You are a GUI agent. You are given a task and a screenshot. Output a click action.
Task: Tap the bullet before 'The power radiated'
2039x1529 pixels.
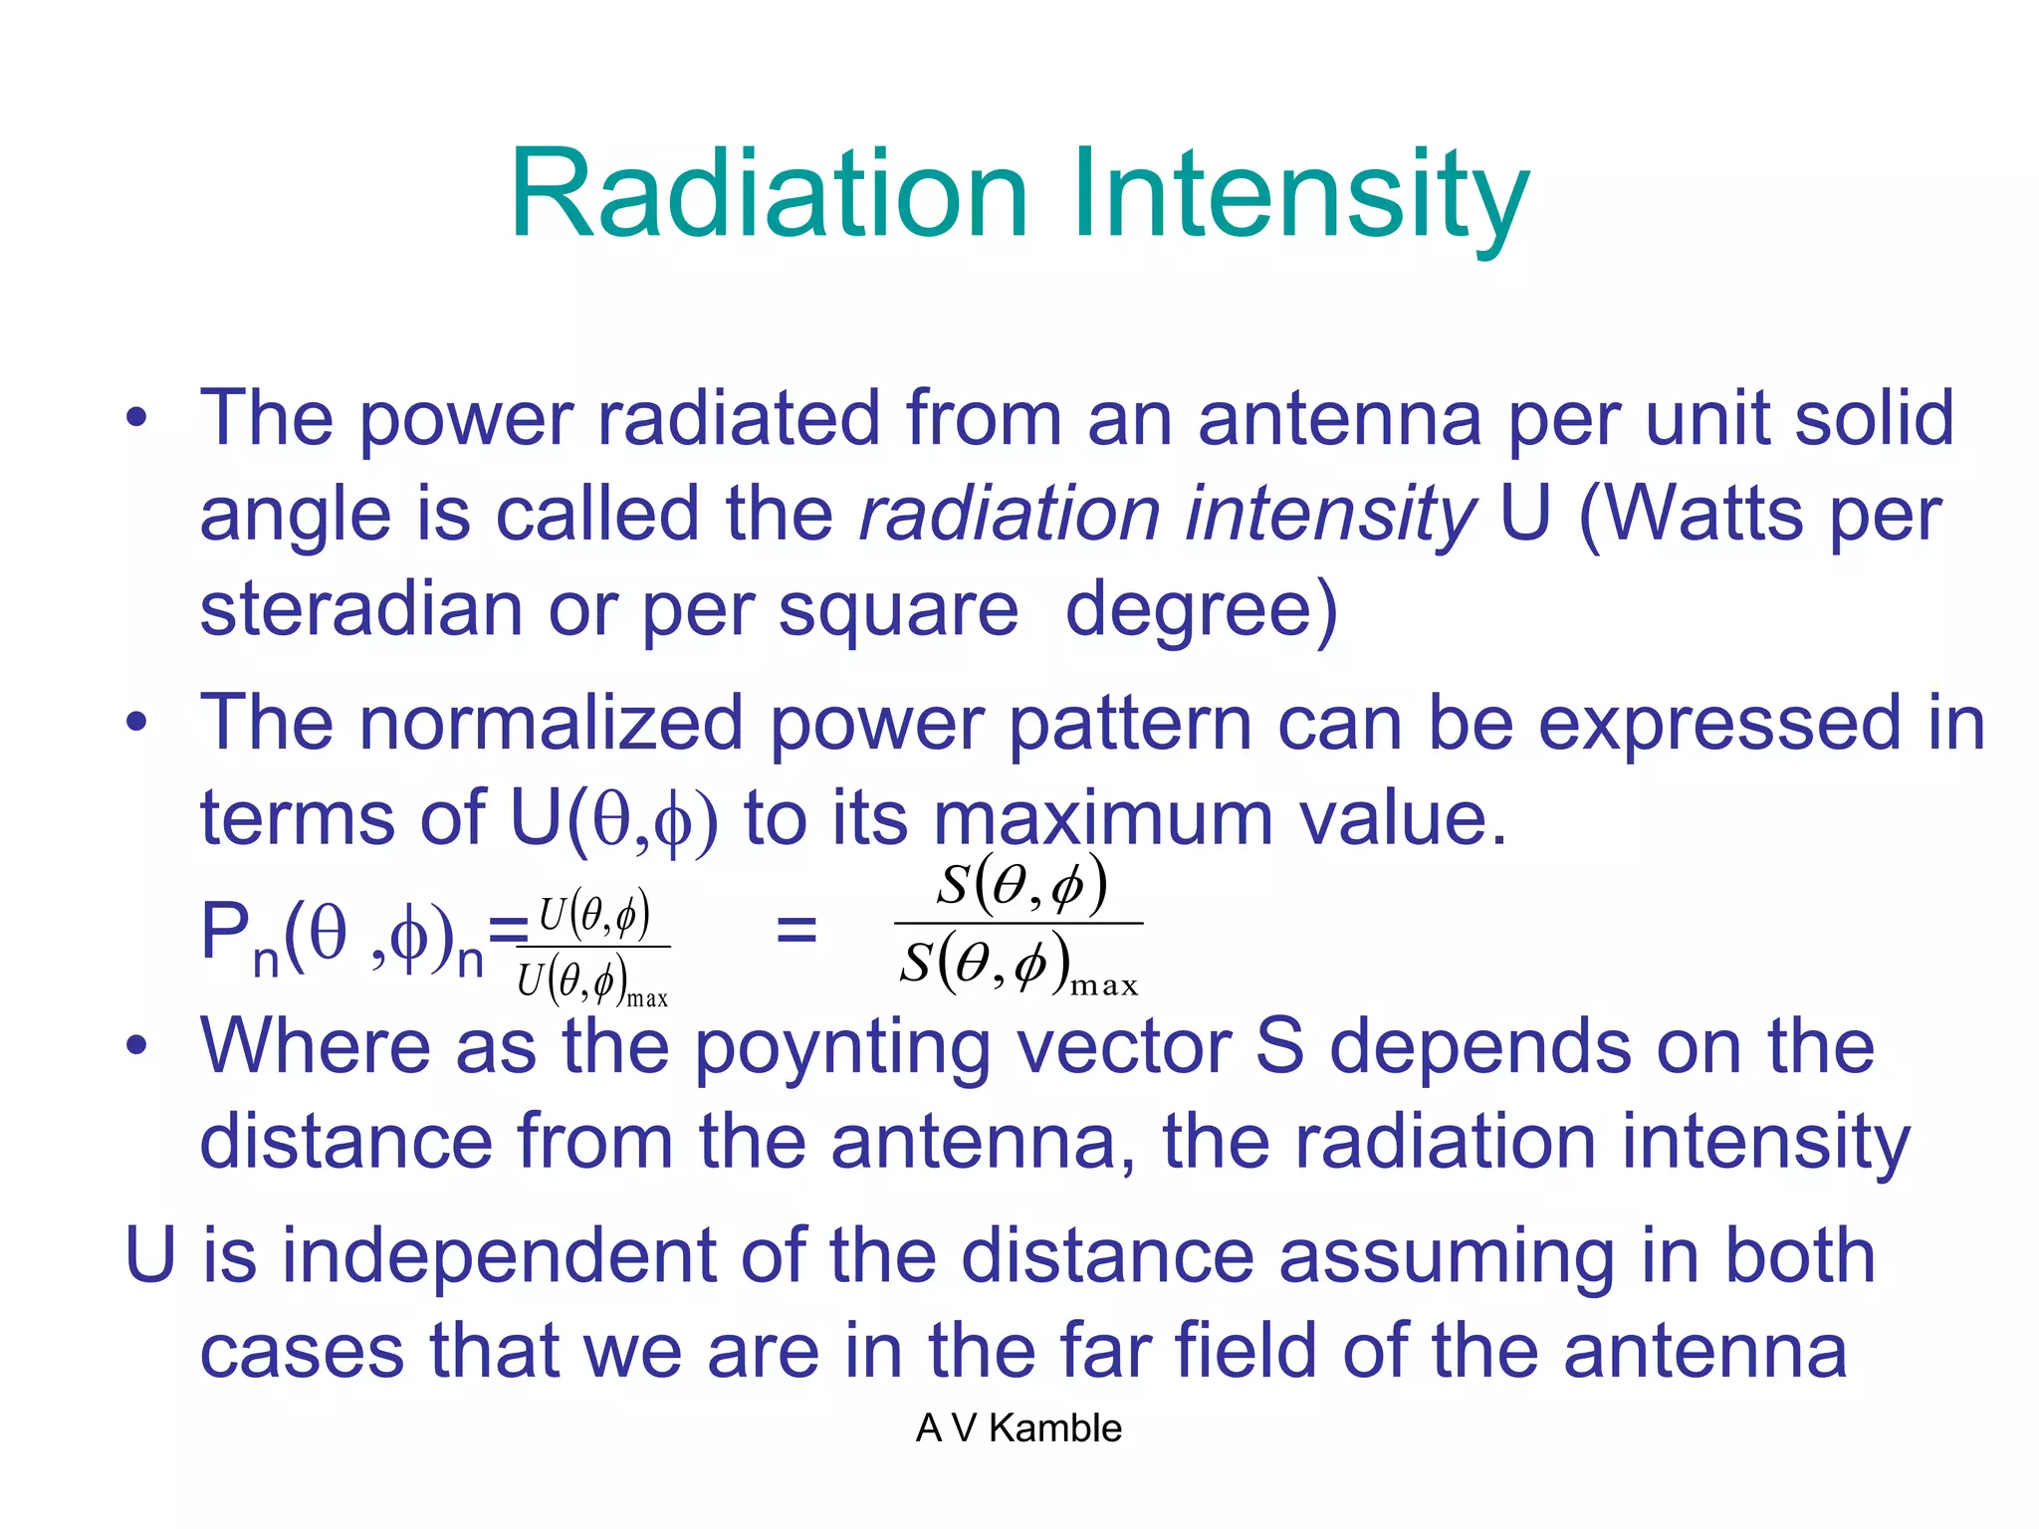point(136,418)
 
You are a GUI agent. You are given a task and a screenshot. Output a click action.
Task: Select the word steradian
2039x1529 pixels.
point(360,609)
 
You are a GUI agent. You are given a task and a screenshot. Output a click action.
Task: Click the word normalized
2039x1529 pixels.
point(551,723)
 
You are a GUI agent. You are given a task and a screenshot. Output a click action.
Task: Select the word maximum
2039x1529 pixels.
point(1103,818)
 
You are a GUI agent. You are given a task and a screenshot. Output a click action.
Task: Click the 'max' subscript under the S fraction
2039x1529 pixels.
point(1103,985)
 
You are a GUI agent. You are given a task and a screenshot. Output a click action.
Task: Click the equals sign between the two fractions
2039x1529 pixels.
point(796,932)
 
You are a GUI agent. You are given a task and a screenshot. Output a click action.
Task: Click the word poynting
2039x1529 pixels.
point(841,1047)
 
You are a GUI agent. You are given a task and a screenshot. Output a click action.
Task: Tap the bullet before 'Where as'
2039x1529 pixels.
point(136,1045)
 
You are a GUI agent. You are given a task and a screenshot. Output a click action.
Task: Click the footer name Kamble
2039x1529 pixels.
point(1055,1428)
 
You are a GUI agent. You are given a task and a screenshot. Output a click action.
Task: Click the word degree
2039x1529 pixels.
point(1190,609)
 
